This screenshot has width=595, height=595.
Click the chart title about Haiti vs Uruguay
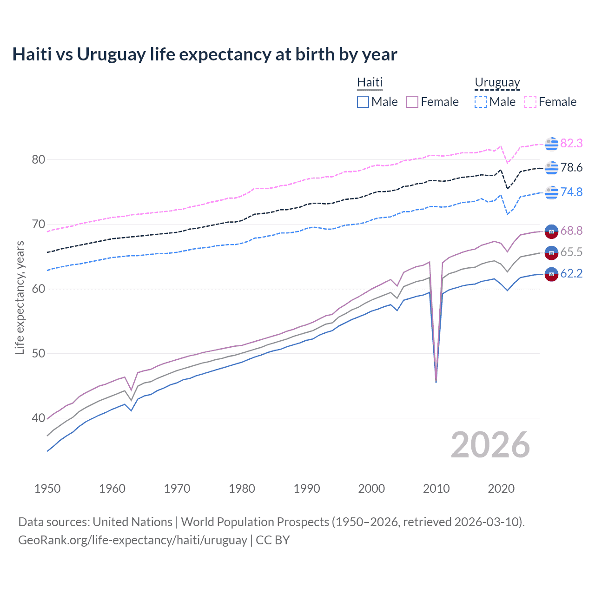205,54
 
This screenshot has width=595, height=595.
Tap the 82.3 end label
571,143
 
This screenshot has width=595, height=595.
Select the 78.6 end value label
571,167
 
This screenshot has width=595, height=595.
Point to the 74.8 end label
571,192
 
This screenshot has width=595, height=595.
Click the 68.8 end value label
571,231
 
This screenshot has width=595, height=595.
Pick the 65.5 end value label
571,252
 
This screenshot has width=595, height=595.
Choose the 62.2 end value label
571,273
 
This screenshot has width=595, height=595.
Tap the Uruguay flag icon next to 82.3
551,144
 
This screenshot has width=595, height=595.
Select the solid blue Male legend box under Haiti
363,102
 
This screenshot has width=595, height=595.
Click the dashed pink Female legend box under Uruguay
530,102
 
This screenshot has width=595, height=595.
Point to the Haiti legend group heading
370,82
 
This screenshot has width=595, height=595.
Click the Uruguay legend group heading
497,82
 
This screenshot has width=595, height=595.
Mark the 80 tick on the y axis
39,159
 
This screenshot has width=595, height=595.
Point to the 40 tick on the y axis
39,418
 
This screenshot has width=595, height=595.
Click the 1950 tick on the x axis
47,489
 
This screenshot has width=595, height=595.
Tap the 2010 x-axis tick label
436,489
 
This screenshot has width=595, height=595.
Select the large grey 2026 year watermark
490,445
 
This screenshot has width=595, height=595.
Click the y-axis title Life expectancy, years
20,297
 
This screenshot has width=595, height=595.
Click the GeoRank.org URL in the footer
132,540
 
